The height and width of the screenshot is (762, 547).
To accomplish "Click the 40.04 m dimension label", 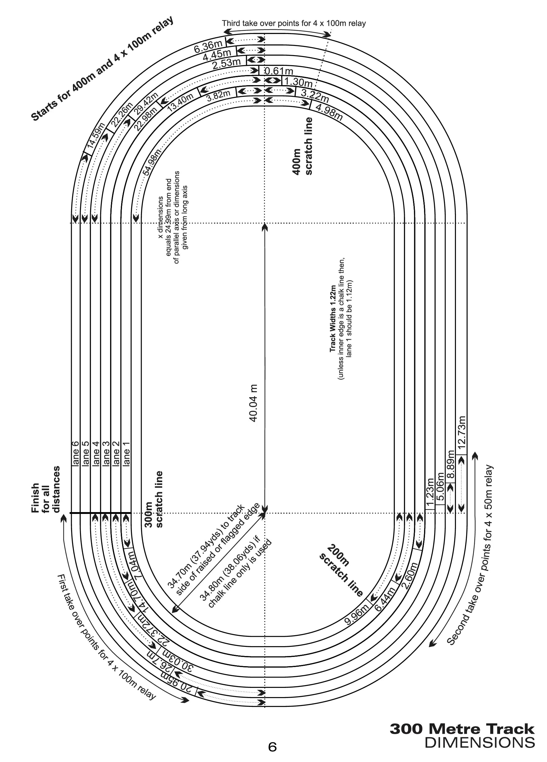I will tap(253, 403).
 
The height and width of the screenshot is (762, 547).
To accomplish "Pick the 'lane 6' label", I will tap(75, 453).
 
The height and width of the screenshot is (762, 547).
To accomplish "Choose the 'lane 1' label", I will tap(127, 453).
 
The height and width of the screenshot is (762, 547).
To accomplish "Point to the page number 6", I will tap(272, 747).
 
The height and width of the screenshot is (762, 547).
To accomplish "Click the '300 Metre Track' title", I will tap(462, 729).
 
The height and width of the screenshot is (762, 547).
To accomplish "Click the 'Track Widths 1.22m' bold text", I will tap(333, 319).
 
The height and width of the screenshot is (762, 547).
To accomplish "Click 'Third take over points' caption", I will tap(293, 23).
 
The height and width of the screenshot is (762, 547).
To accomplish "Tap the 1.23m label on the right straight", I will tap(430, 491).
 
